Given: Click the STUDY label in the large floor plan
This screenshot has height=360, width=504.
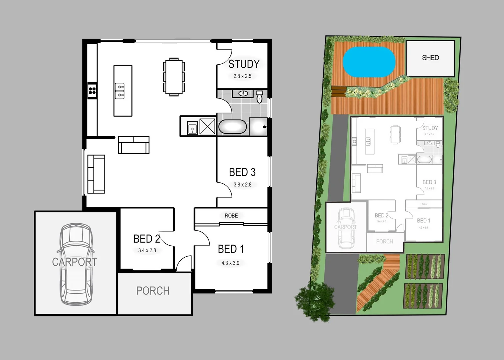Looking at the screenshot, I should [x=244, y=64].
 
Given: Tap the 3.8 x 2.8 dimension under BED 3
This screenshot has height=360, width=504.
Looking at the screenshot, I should [x=242, y=185].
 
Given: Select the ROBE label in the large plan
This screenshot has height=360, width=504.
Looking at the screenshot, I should [x=231, y=216].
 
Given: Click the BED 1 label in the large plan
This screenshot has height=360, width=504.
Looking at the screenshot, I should [x=231, y=249].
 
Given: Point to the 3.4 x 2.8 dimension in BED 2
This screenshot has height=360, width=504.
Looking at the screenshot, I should [x=147, y=250].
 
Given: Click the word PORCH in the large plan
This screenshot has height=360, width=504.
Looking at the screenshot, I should [x=153, y=291].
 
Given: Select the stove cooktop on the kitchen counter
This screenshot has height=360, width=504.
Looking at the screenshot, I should [x=92, y=90].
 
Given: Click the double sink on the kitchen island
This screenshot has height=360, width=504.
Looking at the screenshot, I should [x=120, y=91].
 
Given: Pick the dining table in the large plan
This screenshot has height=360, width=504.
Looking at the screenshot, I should [x=173, y=77].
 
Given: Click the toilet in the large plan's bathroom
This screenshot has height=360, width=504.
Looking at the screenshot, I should [x=260, y=97].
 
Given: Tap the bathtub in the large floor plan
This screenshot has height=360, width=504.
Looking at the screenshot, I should [x=232, y=127].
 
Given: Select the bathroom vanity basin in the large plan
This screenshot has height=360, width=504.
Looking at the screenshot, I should [x=243, y=94].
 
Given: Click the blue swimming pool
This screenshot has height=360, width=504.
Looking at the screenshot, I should [x=369, y=61].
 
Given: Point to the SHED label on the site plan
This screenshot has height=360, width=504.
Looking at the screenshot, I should [x=430, y=58].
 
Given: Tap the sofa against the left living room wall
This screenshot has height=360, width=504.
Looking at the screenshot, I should [x=96, y=174].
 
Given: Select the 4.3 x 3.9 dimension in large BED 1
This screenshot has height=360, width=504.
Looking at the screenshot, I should [x=230, y=263].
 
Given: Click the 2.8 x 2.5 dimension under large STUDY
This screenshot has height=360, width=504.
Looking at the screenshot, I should [x=242, y=76].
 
